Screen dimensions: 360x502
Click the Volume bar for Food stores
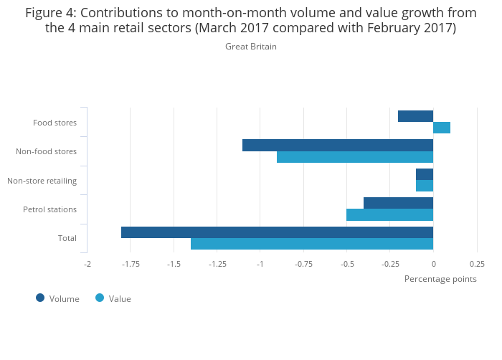point(416,116)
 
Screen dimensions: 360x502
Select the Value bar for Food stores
point(442,128)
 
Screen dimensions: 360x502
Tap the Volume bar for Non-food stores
point(338,146)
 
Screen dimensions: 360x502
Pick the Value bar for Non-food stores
point(355,157)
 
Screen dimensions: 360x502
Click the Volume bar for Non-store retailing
point(425,174)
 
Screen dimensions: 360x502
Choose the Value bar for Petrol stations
point(389,215)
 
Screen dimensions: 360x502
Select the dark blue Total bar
point(277,232)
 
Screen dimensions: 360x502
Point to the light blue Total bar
point(312,244)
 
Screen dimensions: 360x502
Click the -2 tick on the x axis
point(87,264)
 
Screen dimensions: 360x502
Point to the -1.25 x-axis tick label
point(217,264)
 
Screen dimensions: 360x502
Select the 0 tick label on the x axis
point(433,264)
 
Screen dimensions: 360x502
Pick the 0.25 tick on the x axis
point(477,264)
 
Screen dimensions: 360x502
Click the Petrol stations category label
point(49,209)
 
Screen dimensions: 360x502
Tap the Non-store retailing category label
point(42,180)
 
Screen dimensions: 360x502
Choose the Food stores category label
point(55,123)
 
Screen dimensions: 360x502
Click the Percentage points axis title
point(440,279)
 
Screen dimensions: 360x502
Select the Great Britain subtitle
point(251,47)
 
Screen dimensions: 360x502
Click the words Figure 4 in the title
point(51,13)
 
